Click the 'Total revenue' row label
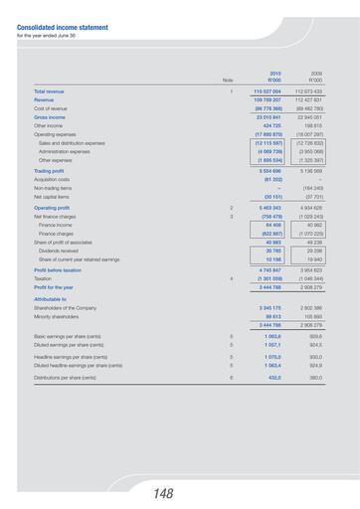[x=58, y=91]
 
